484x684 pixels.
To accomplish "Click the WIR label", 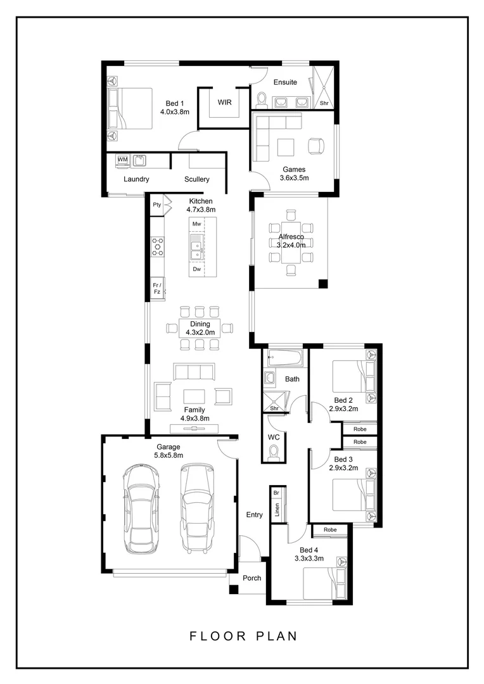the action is pyautogui.click(x=225, y=103).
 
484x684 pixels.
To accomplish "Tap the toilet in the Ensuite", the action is pyautogui.click(x=262, y=100).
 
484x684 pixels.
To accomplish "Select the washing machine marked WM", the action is pyautogui.click(x=123, y=160).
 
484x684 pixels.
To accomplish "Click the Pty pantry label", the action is pyautogui.click(x=156, y=205).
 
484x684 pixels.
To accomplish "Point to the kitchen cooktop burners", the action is pyautogui.click(x=158, y=246).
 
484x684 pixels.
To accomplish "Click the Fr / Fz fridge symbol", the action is pyautogui.click(x=157, y=288).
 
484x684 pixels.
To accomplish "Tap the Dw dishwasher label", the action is pyautogui.click(x=197, y=269).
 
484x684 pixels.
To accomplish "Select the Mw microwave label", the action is pyautogui.click(x=197, y=224).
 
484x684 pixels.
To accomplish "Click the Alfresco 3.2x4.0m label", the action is pyautogui.click(x=291, y=241).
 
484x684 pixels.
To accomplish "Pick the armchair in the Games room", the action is pyautogui.click(x=316, y=146).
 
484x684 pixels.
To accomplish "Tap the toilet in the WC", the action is pyautogui.click(x=274, y=453).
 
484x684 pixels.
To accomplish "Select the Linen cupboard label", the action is pyautogui.click(x=277, y=509).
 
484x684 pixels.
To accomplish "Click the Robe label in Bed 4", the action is pyautogui.click(x=331, y=529).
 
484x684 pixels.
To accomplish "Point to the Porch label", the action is pyautogui.click(x=252, y=578).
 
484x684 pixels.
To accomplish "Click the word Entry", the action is pyautogui.click(x=255, y=515).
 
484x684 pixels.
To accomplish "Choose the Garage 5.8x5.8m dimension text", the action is pyautogui.click(x=169, y=455).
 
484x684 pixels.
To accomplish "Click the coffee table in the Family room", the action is pyautogui.click(x=194, y=396).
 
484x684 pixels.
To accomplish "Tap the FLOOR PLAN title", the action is pyautogui.click(x=243, y=636).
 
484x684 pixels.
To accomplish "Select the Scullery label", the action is pyautogui.click(x=197, y=179).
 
